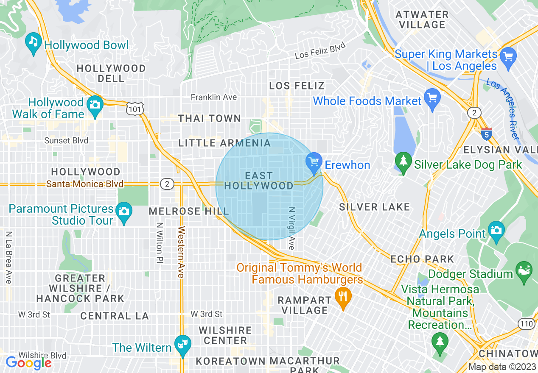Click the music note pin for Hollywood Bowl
[33, 42]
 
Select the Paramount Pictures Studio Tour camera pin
[123, 211]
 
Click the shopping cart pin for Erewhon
[314, 161]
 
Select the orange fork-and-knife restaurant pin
[343, 295]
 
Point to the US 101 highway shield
[134, 109]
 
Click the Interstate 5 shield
[487, 134]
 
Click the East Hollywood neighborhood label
[259, 181]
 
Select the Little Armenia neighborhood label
[224, 143]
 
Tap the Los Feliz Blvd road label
[320, 51]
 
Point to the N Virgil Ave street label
[291, 228]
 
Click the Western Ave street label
[181, 252]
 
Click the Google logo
[28, 363]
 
